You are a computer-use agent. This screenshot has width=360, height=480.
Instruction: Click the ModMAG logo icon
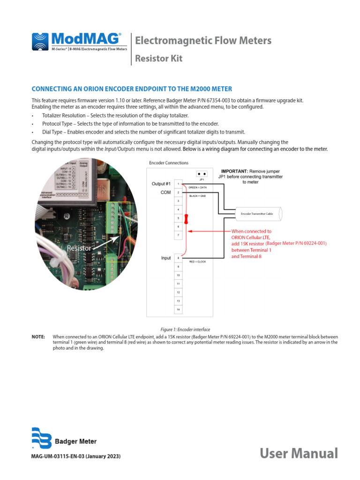click(x=40, y=42)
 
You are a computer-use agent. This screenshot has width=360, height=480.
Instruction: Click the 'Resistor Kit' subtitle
click(x=158, y=59)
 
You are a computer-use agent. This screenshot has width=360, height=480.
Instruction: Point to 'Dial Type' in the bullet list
click(x=52, y=132)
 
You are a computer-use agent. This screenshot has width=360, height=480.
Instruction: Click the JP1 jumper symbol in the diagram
click(x=202, y=173)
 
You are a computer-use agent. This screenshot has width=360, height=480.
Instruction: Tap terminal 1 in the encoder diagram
click(x=178, y=184)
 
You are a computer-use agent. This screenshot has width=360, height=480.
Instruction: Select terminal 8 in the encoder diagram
click(x=178, y=258)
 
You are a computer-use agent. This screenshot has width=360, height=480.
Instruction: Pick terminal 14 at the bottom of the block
click(x=178, y=309)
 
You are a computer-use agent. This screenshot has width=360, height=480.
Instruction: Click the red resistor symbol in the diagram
click(x=186, y=218)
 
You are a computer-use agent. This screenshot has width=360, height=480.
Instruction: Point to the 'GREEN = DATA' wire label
click(x=197, y=187)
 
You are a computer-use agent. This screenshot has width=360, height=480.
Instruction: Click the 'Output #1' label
click(x=161, y=184)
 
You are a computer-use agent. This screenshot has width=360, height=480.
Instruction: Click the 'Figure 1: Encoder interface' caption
click(x=185, y=330)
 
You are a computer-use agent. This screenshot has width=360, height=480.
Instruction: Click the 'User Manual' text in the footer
click(x=299, y=453)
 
